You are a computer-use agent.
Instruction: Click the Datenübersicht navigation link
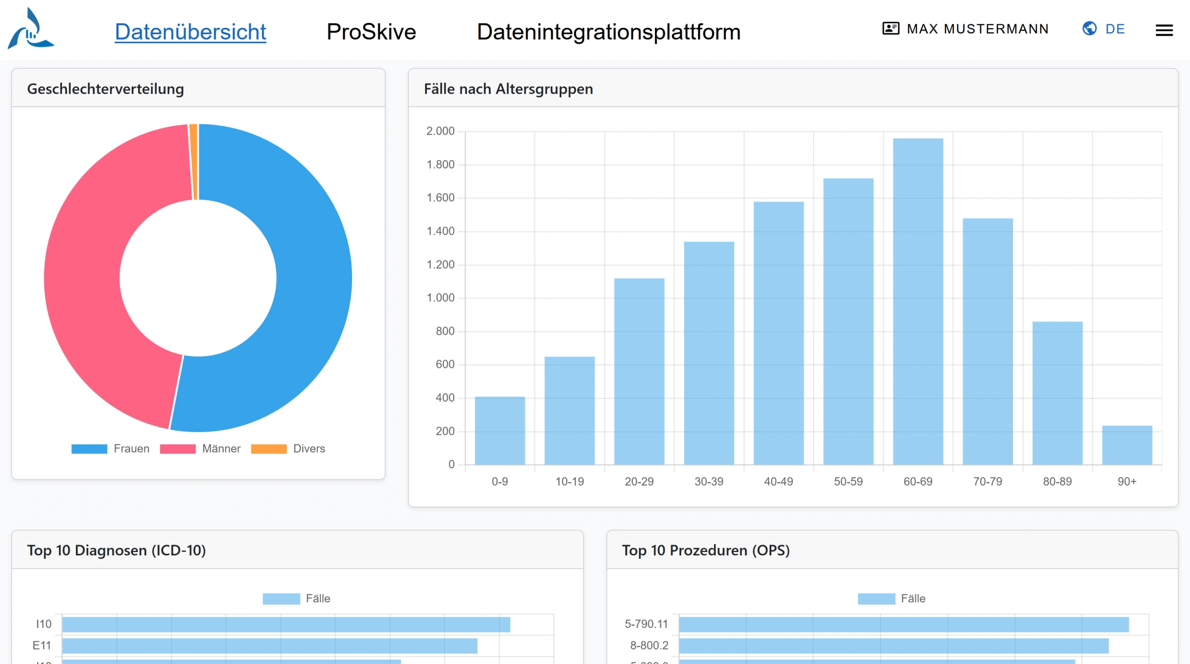[190, 32]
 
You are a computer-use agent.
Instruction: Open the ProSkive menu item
[371, 32]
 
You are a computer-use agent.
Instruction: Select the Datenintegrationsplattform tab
[608, 32]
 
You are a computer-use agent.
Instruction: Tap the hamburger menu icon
[1164, 31]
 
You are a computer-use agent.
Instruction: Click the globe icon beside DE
[1089, 29]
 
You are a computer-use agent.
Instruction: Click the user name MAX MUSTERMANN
[977, 29]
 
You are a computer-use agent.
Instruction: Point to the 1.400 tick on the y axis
[440, 231]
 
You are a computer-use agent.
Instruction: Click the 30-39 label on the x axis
[709, 482]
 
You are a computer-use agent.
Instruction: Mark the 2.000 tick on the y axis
[440, 131]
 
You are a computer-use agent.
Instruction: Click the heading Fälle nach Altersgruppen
[508, 89]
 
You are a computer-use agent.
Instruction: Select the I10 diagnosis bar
[286, 624]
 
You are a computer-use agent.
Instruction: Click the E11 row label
[42, 646]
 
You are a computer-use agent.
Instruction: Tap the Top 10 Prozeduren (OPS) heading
[706, 551]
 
